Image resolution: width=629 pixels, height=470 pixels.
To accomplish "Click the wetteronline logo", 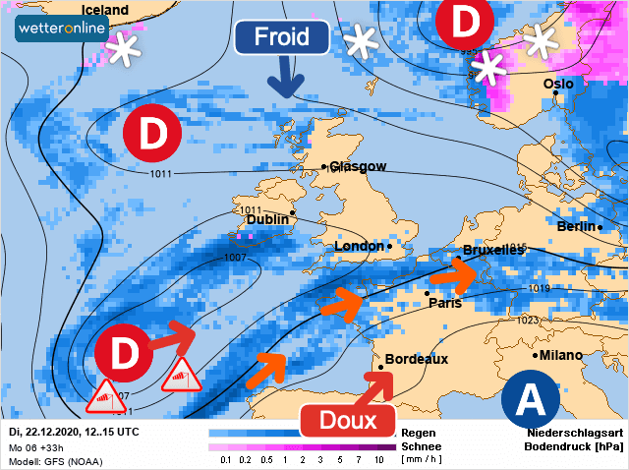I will pos(61,29).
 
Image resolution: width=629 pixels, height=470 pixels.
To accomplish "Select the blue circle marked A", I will pos(530,399).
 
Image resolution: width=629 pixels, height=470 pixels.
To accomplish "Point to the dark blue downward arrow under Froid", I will pos(284,78).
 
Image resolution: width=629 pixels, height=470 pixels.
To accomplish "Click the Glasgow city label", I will pos(358,167).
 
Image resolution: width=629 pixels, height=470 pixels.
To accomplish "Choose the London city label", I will pos(360,246).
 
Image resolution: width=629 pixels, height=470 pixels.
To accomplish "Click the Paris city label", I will pos(444,303).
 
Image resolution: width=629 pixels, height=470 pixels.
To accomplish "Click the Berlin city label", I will pos(576,227).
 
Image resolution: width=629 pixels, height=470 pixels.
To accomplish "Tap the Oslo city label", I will pos(557,85).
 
